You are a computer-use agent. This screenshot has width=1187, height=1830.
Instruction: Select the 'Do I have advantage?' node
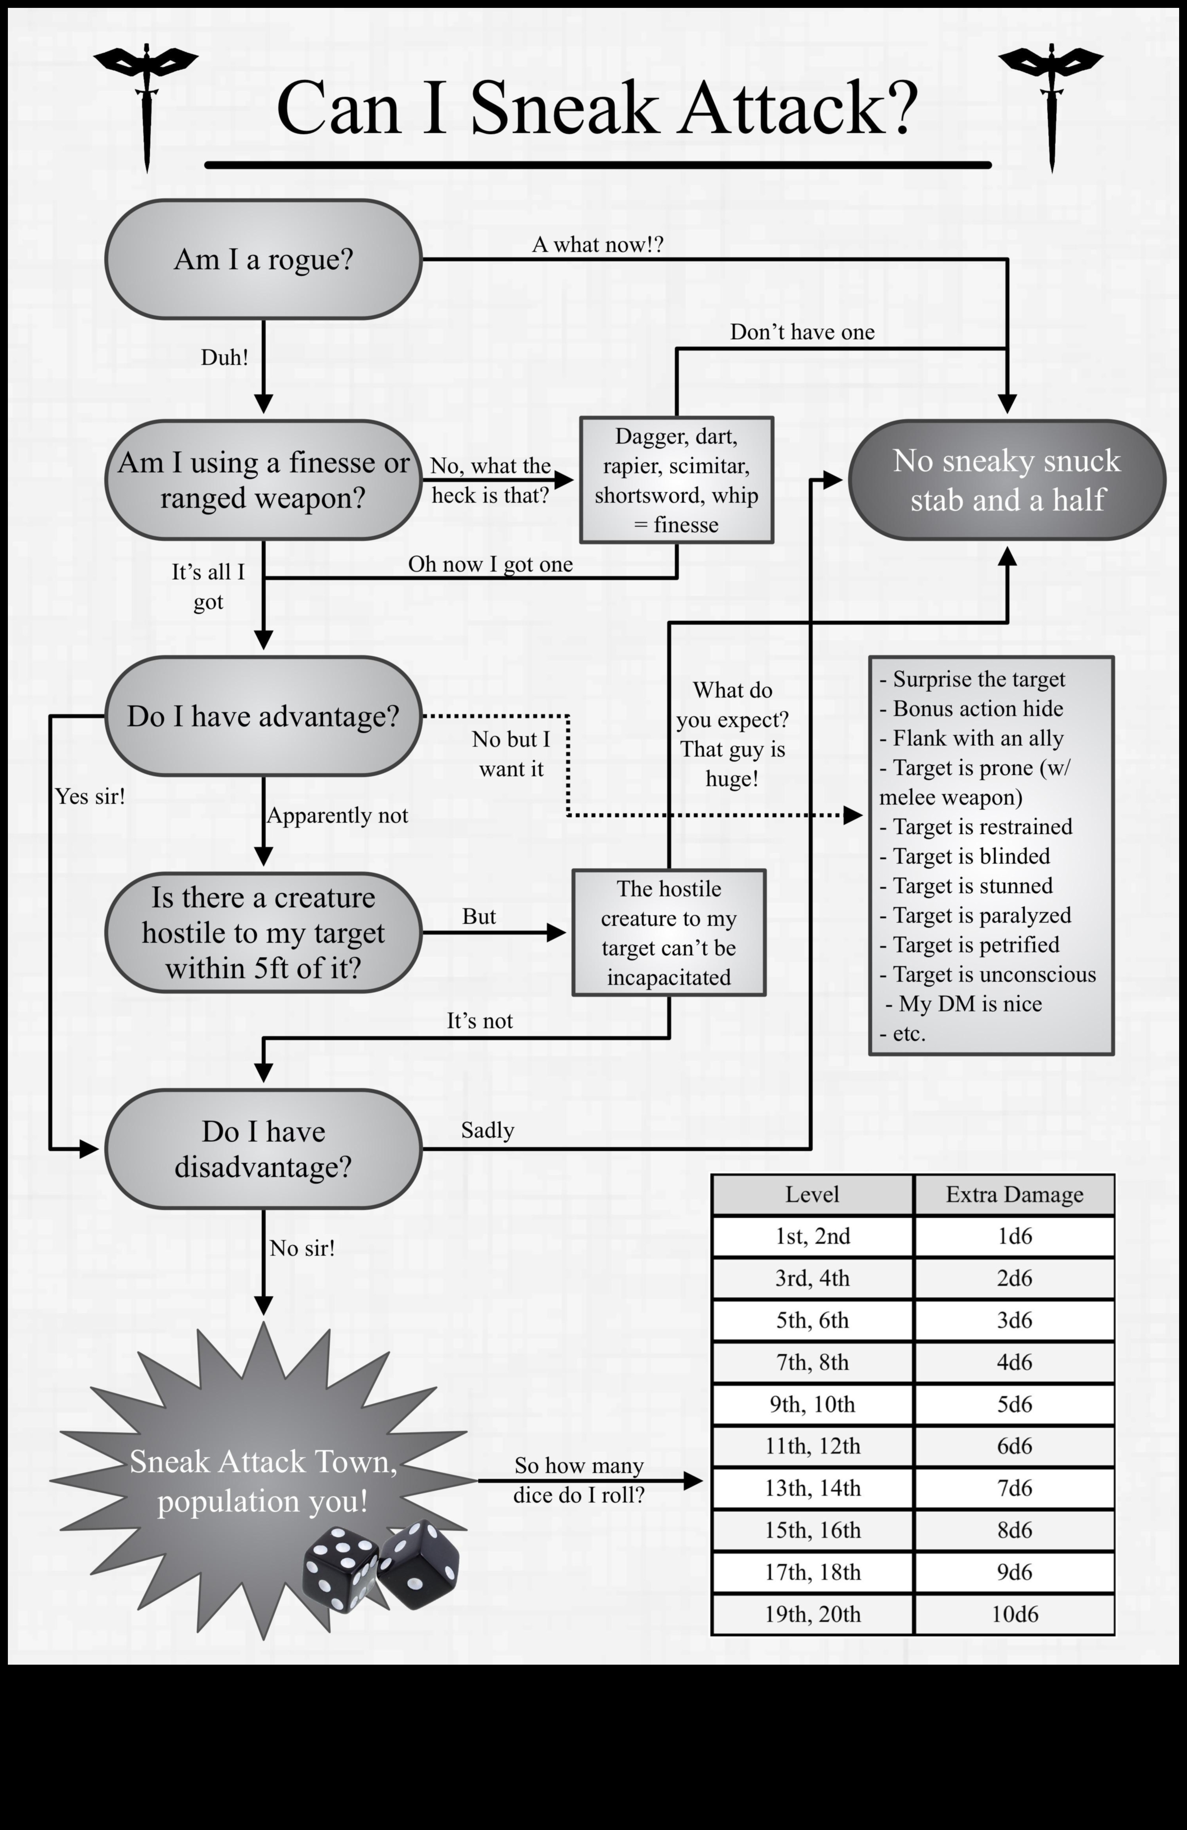coord(263,716)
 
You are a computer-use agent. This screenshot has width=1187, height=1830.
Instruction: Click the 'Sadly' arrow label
coord(487,1130)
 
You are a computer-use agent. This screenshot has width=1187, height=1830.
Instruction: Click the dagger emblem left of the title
coord(146,100)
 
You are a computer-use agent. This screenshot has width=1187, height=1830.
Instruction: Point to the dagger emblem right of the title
coord(1051,100)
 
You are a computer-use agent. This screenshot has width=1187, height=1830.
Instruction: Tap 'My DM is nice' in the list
coord(969,1003)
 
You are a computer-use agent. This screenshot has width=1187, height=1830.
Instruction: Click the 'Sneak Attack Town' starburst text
coord(263,1480)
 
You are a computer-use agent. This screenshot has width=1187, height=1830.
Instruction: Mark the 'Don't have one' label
coord(802,332)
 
